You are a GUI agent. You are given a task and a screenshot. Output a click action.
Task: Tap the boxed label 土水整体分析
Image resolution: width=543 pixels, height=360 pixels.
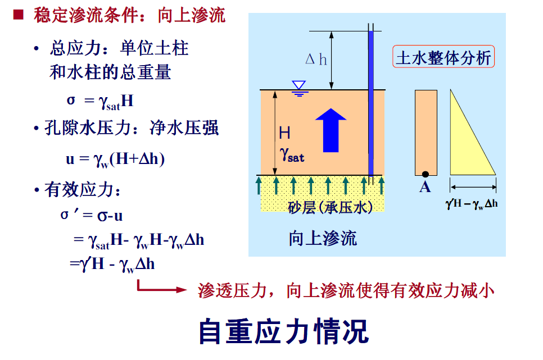pos(444,57)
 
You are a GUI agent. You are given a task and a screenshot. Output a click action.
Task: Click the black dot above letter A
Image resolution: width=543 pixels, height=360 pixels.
pos(426,174)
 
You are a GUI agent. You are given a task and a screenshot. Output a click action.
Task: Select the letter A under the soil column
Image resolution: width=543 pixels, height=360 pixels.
pos(425,187)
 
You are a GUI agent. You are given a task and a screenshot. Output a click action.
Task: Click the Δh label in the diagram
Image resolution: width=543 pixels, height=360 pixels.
pos(316,60)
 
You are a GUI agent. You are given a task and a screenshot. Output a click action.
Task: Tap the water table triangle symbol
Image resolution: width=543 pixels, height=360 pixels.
pos(299,86)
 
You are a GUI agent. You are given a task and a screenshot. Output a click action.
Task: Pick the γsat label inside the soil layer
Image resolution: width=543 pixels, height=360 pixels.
pos(292,153)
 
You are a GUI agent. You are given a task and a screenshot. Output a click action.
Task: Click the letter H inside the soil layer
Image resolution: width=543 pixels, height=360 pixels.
pos(285,133)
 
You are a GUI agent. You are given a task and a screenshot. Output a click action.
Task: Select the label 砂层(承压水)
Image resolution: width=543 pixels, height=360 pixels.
pos(330,207)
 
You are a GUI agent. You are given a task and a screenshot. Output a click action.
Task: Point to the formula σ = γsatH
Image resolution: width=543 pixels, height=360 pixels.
pos(100,101)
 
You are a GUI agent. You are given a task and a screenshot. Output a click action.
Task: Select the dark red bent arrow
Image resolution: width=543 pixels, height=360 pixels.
pos(160,288)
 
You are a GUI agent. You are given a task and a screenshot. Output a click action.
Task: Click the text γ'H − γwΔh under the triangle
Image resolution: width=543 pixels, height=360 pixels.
pos(472,203)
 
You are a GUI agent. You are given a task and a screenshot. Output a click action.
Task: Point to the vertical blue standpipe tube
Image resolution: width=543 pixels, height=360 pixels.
pos(370,101)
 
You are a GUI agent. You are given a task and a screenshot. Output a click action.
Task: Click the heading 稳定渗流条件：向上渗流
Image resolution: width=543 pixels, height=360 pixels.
pos(129,15)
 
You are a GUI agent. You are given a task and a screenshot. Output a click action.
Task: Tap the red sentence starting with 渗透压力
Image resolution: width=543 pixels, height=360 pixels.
pos(346,290)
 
